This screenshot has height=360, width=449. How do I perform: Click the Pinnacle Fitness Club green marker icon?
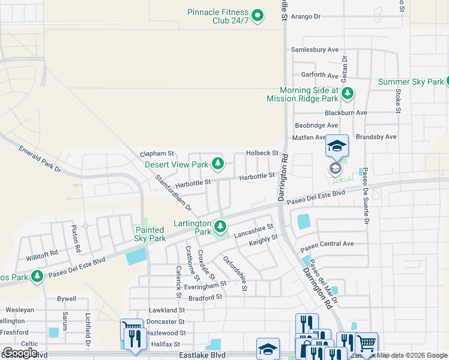click(258, 15)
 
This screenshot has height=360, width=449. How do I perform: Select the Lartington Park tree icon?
click(220, 226)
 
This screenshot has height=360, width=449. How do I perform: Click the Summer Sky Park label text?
click(411, 82)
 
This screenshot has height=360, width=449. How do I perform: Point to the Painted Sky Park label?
click(149, 234)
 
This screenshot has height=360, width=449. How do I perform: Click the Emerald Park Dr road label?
click(40, 159)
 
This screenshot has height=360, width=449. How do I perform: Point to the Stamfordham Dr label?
click(173, 193)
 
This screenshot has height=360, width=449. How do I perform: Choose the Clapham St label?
click(157, 154)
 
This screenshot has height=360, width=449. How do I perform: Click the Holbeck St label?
click(262, 154)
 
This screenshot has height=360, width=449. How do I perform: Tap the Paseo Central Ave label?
click(327, 244)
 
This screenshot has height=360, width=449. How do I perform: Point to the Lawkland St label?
click(166, 310)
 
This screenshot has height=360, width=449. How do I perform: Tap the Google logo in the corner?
click(20, 353)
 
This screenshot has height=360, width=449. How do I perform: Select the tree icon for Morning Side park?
click(346, 94)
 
